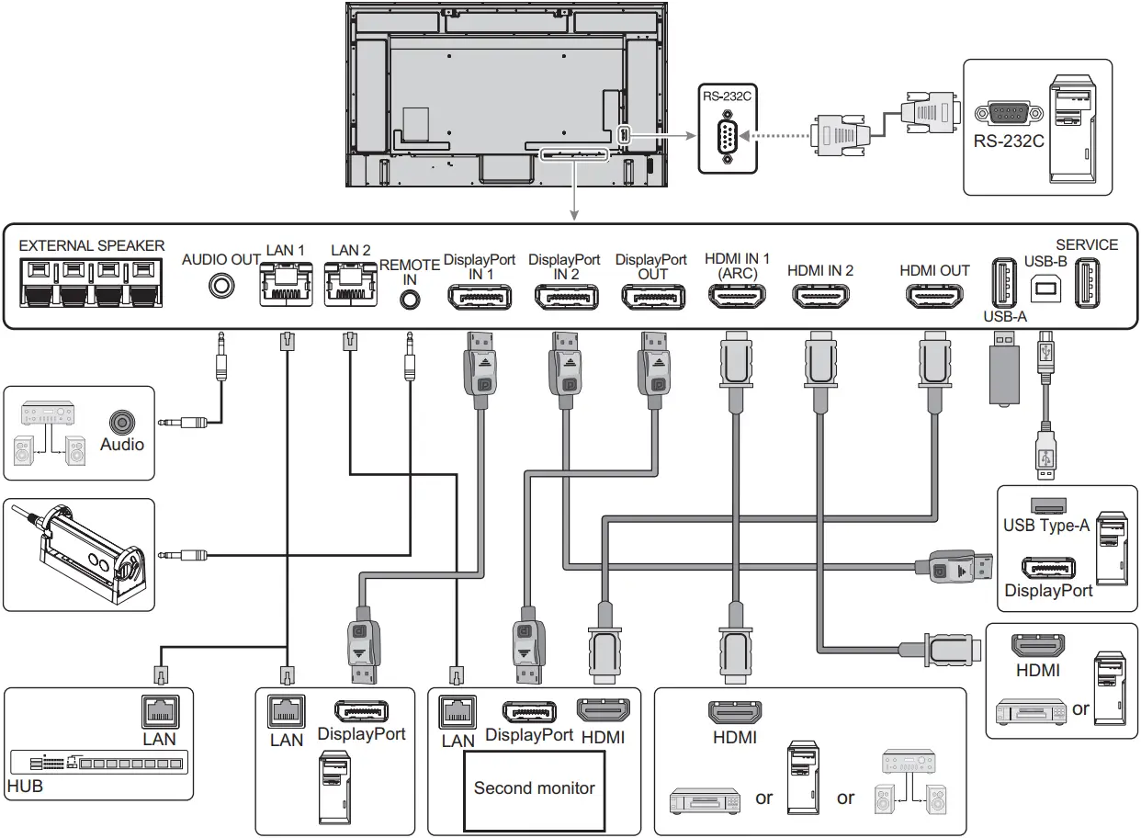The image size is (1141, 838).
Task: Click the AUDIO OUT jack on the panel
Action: click(220, 286)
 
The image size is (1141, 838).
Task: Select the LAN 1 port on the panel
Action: click(286, 282)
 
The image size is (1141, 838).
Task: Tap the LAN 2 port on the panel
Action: click(350, 282)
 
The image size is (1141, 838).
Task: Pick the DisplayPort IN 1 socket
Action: click(479, 298)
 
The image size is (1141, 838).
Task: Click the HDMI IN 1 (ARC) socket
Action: click(738, 298)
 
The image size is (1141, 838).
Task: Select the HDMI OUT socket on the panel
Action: click(934, 298)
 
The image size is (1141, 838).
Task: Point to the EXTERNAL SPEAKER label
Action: click(92, 245)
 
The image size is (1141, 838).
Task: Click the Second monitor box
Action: click(534, 789)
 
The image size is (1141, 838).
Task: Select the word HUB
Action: click(25, 787)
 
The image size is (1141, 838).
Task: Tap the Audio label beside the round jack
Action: click(122, 445)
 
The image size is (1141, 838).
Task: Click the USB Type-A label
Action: click(1046, 526)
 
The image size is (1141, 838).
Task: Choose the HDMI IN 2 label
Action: click(820, 270)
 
